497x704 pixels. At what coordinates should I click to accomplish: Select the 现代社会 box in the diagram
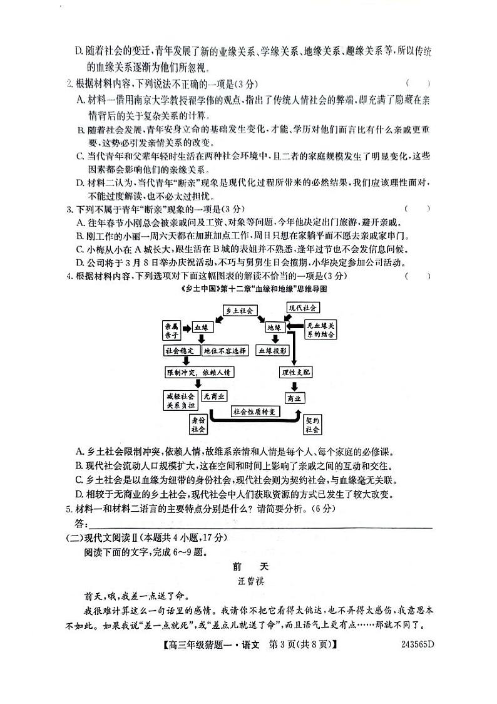pos(302,308)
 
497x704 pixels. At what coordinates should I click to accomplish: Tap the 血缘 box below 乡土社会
pos(203,328)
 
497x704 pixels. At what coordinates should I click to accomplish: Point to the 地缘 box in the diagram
pos(274,328)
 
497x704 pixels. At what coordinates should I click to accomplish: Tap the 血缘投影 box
pos(273,351)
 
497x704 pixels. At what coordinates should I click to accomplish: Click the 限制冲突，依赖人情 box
pos(199,373)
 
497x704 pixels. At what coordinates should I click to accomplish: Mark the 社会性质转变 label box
pos(257,412)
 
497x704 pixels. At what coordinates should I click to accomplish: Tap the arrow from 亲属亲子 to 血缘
pos(187,328)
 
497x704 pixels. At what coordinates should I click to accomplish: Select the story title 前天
pos(248,566)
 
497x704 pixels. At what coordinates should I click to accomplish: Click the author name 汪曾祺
pos(248,581)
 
